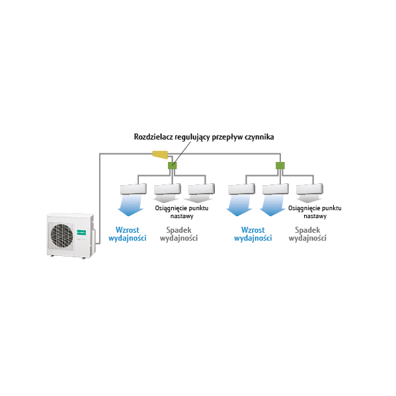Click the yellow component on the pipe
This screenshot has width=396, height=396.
click(161, 155)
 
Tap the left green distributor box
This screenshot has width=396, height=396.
click(173, 166)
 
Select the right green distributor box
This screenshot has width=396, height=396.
click(280, 166)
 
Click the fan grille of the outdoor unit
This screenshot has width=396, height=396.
click(62, 235)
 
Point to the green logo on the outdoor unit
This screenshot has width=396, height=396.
click(81, 232)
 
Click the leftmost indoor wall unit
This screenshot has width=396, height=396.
click(134, 189)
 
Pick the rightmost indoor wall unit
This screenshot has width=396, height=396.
click(309, 189)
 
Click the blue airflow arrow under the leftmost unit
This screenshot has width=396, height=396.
click(131, 206)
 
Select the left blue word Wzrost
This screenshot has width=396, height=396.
click(128, 230)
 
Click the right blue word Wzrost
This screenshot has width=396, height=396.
click(253, 230)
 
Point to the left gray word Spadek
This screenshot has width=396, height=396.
click(178, 230)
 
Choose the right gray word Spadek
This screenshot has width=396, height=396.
click(307, 230)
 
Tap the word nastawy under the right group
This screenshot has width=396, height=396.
click(315, 216)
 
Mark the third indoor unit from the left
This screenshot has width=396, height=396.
click(201, 189)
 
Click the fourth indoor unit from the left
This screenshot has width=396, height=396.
click(241, 189)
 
